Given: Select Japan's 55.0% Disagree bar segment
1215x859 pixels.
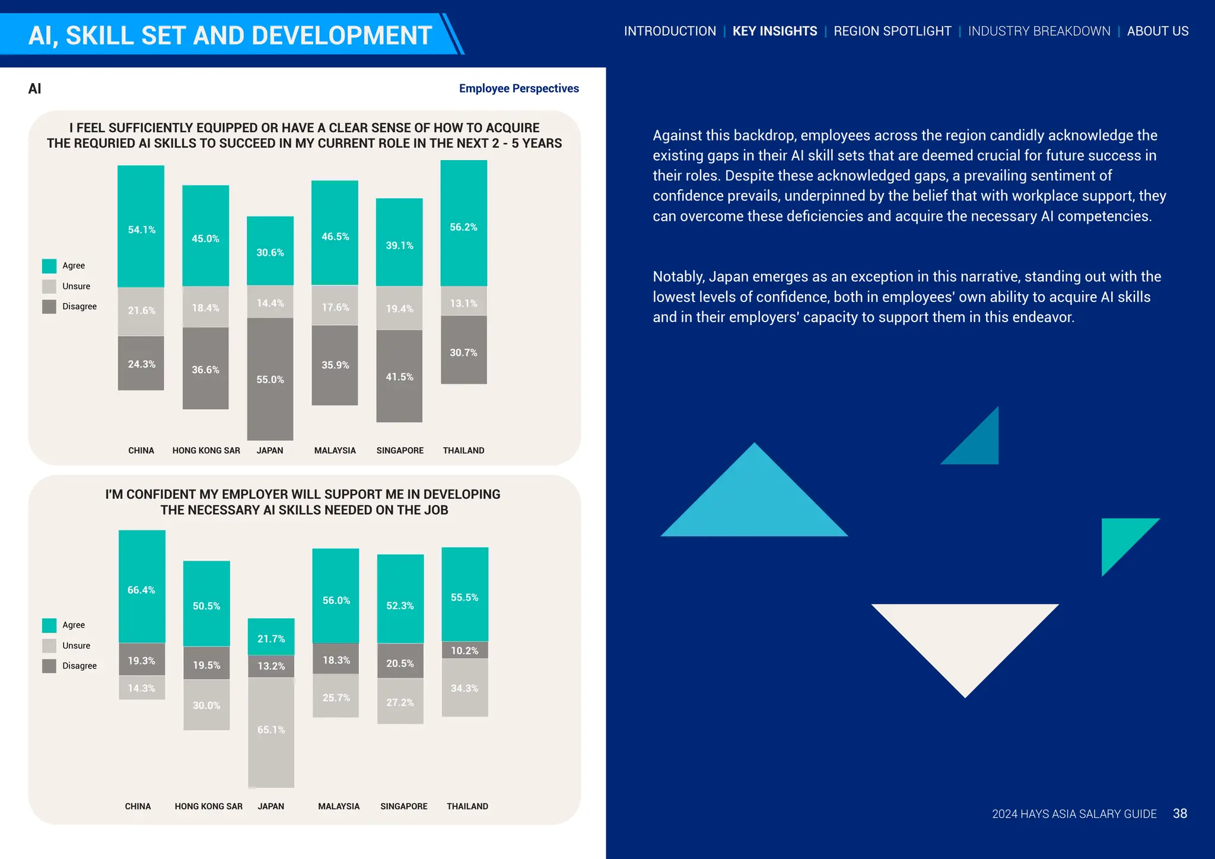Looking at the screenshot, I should coord(270,379).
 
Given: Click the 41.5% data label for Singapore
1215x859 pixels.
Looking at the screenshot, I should coord(399,377).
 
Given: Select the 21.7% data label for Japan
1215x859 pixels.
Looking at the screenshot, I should coord(271,639).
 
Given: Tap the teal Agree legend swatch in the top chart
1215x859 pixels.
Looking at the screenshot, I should coord(49,266).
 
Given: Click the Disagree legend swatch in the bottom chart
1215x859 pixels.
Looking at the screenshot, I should coord(49,666).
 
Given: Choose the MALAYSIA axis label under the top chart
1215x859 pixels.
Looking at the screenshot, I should coord(335,451).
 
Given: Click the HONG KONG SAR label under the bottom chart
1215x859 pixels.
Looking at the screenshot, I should coord(208,807).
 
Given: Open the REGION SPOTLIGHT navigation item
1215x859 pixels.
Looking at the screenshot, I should coord(892,31).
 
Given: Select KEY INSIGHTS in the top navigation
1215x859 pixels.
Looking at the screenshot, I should coord(775,31).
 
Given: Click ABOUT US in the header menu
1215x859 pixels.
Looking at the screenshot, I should coord(1157,31).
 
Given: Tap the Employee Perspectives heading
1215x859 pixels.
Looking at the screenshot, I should coord(519,88).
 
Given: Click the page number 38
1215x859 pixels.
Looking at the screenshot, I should coord(1180,814).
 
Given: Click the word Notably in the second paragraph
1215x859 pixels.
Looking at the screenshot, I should coord(679,277).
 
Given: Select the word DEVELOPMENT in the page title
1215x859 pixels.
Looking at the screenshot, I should coord(338,36).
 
